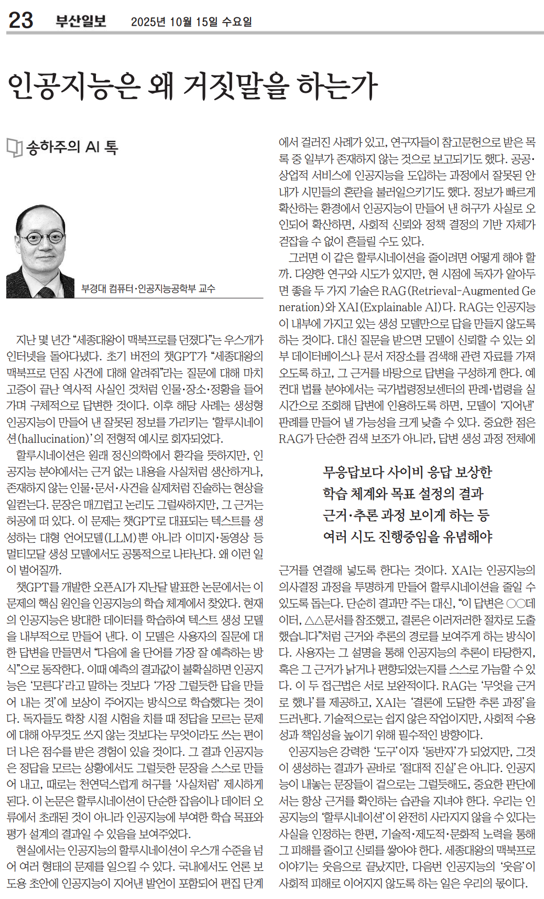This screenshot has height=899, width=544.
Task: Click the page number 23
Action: point(21,20)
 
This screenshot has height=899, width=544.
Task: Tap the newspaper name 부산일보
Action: point(81,21)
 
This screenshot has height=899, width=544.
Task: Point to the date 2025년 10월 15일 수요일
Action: point(191,22)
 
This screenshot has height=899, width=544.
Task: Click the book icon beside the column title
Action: point(14,148)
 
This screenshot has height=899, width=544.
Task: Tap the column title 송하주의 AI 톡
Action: point(72,147)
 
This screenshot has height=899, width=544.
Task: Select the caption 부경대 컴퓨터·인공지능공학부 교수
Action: point(148,288)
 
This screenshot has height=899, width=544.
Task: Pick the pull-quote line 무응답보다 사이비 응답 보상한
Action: point(407,472)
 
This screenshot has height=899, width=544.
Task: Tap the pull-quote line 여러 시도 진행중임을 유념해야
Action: point(407,537)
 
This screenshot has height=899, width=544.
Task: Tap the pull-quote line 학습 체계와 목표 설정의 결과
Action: point(402,494)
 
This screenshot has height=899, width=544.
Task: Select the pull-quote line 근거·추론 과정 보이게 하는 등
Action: point(406,515)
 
